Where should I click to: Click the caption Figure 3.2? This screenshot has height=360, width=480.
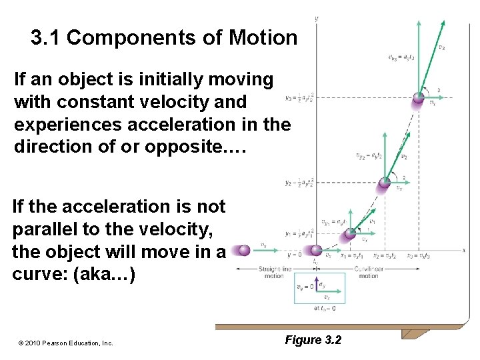pos(313,340)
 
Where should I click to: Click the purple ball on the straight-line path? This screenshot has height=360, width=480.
pos(245,250)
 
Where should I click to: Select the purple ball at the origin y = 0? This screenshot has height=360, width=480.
pos(316,251)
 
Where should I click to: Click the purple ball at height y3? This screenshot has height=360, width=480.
pos(419,98)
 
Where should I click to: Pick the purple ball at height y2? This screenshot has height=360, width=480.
pos(385,182)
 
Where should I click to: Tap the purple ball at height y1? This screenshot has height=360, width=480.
pos(347,234)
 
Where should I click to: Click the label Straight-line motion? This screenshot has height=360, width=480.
pos(273,272)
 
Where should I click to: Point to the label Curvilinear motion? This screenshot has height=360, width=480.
pos(368,272)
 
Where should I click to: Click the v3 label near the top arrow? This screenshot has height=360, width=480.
pos(441,47)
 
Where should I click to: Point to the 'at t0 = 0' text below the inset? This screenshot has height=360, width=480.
pos(324,308)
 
